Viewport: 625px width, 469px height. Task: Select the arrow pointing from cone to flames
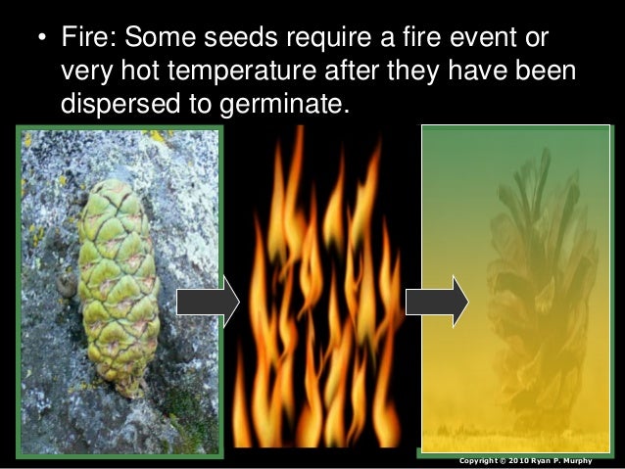[x=208, y=301]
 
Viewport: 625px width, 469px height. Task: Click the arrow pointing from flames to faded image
[x=437, y=301]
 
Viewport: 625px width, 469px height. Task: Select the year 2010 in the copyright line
[x=520, y=460]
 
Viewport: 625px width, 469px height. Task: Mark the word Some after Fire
[x=158, y=40]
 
